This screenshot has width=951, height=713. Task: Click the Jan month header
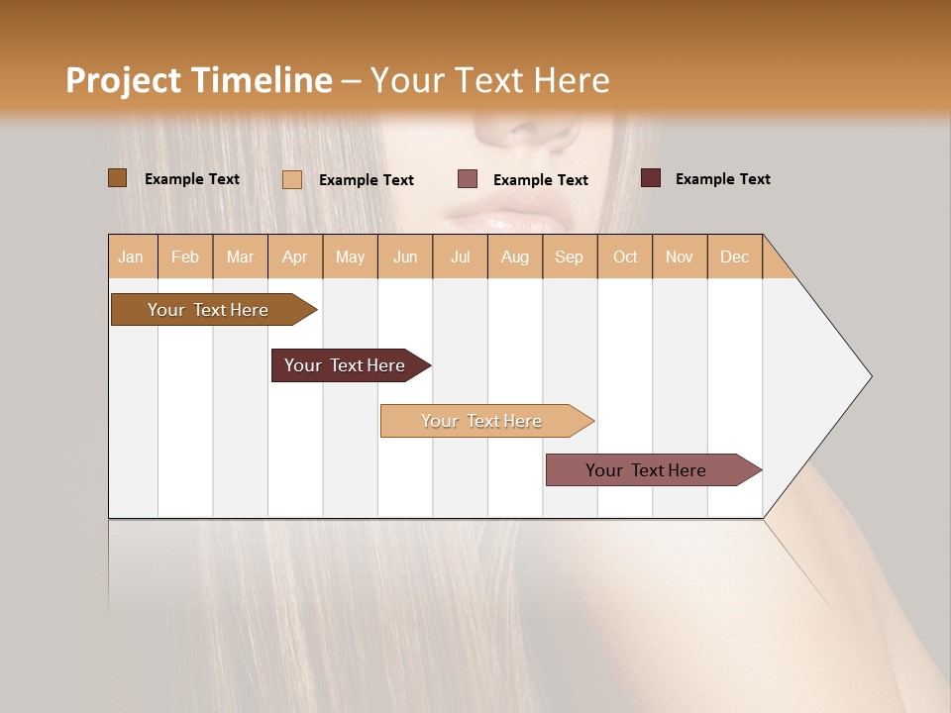132,256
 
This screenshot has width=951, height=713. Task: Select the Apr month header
295,256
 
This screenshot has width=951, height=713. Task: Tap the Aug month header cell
515,256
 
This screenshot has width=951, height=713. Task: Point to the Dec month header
734,256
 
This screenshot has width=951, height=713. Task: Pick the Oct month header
625,256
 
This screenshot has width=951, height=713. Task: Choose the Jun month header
405,256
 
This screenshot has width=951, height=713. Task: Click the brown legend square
118,178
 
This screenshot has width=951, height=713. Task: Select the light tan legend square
292,179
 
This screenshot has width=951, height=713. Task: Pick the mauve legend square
468,179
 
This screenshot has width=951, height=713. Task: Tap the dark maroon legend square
651,178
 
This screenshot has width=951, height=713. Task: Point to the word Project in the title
124,80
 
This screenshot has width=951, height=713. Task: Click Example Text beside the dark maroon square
722,179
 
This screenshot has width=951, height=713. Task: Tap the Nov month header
680,256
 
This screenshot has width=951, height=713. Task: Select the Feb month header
185,256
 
